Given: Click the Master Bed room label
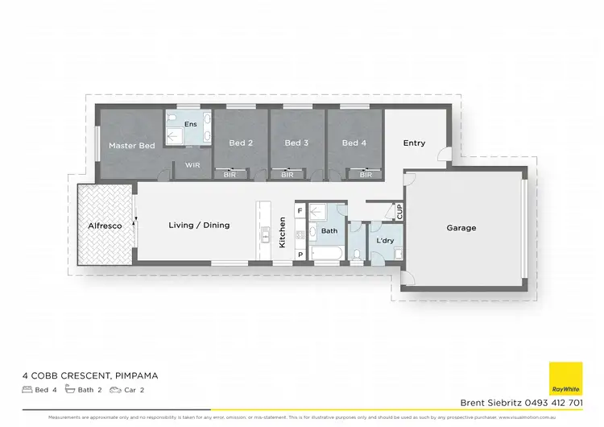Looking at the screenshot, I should (x=132, y=146).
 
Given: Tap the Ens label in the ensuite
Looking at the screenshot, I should (x=191, y=124).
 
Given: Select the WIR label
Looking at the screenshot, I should (x=192, y=165).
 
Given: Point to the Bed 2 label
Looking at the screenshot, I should (x=241, y=143).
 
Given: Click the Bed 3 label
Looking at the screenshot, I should (x=296, y=143).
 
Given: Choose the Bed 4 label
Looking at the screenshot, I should (x=354, y=143).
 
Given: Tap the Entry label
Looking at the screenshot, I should (x=414, y=143).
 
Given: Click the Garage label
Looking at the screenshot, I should (x=461, y=228).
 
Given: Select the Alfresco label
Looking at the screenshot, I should (x=105, y=226).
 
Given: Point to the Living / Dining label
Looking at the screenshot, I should (x=199, y=226).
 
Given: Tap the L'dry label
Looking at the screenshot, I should (x=384, y=241).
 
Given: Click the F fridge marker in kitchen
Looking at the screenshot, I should (x=300, y=211).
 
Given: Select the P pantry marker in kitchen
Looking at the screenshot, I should (x=300, y=255).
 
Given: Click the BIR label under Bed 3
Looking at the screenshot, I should (x=288, y=174).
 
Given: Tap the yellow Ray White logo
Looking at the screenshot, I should (x=565, y=379).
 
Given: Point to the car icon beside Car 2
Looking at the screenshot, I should (x=117, y=389).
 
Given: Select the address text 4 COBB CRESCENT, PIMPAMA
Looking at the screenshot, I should (x=91, y=375).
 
